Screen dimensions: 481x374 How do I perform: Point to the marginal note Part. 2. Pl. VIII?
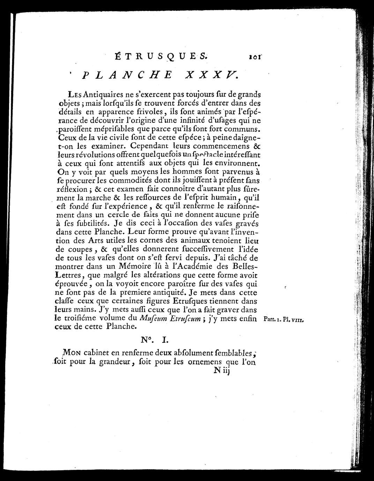(x=284, y=319)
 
